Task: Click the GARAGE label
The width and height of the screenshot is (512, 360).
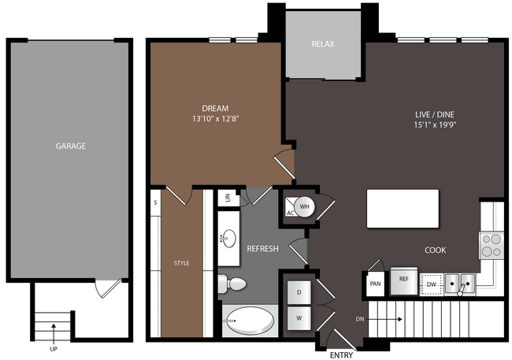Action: coord(71,146)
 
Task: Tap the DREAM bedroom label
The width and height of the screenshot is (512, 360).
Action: coord(215,108)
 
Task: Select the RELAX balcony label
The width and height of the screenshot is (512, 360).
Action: coord(323,44)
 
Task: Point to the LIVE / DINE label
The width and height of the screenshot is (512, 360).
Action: coord(435,114)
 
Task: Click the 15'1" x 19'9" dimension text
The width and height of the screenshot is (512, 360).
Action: coord(435,124)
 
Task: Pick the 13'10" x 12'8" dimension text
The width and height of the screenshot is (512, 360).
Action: coord(215,119)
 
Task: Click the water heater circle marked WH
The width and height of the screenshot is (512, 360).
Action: coord(304,206)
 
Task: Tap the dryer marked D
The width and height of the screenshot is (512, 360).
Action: coord(299,292)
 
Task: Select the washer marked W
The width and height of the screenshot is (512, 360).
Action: coord(299,318)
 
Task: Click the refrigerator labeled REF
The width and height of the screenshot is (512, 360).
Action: coord(404,280)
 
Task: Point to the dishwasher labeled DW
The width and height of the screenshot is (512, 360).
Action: coord(432,284)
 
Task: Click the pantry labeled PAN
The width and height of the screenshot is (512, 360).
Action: coord(375,284)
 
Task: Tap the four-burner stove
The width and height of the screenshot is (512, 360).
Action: coord(492,245)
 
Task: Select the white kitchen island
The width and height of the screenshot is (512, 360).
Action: coord(403,209)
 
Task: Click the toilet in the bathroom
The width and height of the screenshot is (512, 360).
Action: coord(232,284)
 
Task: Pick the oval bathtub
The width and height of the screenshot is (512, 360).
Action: coord(250,321)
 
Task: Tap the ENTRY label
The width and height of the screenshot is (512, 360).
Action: coord(341,355)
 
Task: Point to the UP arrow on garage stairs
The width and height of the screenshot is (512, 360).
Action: coord(54,330)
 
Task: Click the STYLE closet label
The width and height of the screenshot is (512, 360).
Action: coord(181,263)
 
